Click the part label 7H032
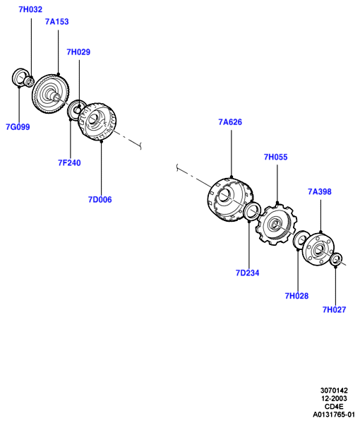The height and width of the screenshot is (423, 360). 30,9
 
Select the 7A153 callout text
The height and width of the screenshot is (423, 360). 57,22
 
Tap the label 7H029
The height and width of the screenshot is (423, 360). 78,52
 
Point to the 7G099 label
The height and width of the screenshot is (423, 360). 18,127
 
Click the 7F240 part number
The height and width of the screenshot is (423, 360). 69,162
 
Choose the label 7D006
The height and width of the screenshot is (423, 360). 100,200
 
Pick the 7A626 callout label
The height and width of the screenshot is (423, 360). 230,122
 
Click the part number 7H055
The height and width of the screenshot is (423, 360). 275,157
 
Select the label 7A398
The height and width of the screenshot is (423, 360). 320,191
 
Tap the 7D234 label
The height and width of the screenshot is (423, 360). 247,273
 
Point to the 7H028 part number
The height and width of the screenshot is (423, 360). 296,296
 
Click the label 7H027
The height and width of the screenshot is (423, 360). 334,309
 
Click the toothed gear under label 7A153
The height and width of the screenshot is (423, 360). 50,94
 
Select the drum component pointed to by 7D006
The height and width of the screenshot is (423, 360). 97,121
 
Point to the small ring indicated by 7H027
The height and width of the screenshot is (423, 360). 336,259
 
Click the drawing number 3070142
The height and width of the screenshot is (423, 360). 334,391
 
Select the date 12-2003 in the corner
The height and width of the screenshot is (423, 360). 334,398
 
